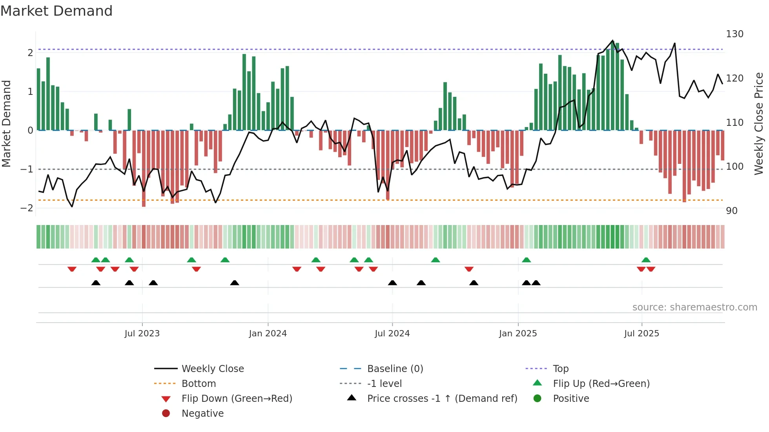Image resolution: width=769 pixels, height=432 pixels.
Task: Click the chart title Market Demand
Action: point(56,11)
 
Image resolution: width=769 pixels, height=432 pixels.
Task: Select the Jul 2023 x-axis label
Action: point(142,334)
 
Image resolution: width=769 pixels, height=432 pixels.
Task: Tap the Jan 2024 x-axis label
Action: point(268,334)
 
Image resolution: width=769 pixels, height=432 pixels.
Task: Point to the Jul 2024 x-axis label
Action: point(392,334)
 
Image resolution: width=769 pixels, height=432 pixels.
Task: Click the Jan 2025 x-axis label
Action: point(518,334)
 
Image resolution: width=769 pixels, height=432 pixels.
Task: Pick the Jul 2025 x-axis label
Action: point(641,334)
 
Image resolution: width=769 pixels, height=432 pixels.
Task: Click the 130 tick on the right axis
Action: point(734,34)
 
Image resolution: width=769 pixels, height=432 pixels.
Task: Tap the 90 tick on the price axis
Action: point(732,211)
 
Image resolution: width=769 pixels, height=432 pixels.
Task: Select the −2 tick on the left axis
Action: point(27,208)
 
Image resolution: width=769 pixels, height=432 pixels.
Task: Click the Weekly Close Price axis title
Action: point(759,123)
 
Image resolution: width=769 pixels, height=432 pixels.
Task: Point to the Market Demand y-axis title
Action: point(6,123)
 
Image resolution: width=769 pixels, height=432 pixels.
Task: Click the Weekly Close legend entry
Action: point(212,369)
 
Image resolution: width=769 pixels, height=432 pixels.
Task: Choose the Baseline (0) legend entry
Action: point(395,369)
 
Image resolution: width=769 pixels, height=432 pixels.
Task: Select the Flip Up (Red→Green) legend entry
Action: point(601,384)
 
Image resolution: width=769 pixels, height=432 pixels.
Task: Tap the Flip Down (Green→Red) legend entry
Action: point(237,399)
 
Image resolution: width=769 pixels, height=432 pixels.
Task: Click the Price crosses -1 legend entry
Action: point(442,399)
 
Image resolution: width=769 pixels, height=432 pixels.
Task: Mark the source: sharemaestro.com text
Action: point(694,307)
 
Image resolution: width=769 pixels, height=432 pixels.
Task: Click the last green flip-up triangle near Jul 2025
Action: point(646,260)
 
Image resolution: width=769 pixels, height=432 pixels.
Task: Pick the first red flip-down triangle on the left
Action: point(72,269)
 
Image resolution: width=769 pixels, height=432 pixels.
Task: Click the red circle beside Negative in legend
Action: point(166,414)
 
